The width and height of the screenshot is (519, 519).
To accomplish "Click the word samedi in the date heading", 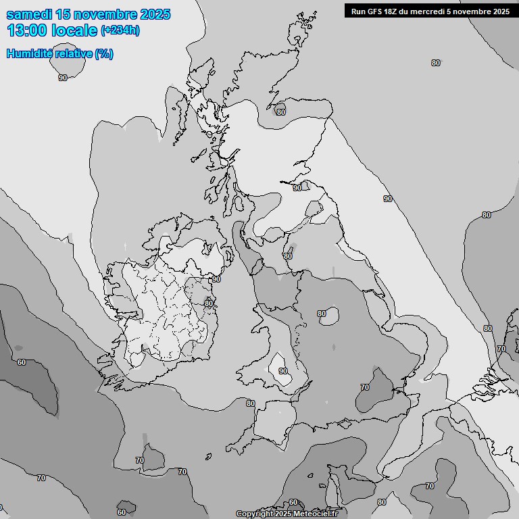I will point(30,14).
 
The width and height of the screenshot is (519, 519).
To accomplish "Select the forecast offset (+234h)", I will point(120,30).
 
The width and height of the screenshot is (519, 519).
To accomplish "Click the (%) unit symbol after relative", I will point(104,54).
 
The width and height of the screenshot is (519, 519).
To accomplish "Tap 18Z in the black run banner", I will point(393,11).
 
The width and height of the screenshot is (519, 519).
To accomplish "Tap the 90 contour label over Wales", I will point(283,371).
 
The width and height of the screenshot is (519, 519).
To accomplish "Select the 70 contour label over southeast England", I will point(365,387).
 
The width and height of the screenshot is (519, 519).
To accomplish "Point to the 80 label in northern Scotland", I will point(280,112).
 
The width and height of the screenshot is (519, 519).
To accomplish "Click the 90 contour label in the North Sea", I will point(388,199).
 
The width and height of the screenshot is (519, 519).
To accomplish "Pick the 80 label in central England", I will point(322,314).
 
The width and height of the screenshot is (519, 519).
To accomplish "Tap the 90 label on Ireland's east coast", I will point(216,279).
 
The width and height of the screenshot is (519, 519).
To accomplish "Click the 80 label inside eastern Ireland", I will point(209,303).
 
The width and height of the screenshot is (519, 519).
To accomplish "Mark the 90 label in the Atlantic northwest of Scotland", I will point(63,78).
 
